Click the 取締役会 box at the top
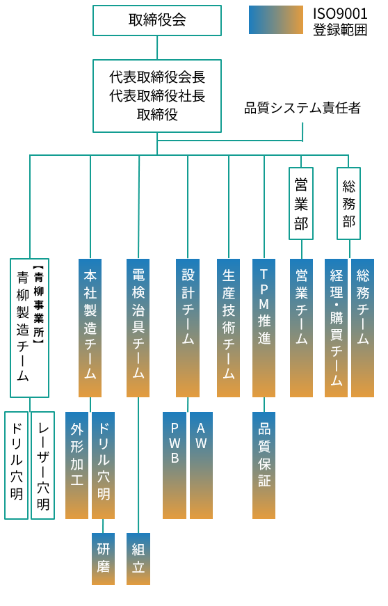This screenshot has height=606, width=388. coord(156,20)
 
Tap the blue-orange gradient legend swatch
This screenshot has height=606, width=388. coord(275,19)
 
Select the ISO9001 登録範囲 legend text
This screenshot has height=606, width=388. coord(340,22)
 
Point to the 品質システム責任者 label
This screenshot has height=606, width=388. coord(302,108)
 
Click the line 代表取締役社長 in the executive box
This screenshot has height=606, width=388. coord(156,96)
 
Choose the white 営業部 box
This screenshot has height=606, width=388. coord(301,203)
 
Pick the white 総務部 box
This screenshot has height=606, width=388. coord(348,203)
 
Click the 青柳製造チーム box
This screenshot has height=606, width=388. coord(29,328)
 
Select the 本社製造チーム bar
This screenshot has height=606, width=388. coord(90,328)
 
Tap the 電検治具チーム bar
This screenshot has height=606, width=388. coord(138,328)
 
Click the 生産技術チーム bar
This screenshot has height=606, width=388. coord(228,328)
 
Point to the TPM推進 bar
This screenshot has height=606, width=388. coord(264,328)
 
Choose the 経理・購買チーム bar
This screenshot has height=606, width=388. coord(336,328)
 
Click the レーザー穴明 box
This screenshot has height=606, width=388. coord(42,465)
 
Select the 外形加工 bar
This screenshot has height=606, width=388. coord(76,465)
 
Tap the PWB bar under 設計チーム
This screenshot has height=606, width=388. coord(174,465)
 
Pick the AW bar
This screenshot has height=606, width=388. coord(201,465)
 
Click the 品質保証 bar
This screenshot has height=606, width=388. coord(264,465)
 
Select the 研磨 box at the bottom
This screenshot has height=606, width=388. coord(103,559)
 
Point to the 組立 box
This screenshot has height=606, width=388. coord(138,559)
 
